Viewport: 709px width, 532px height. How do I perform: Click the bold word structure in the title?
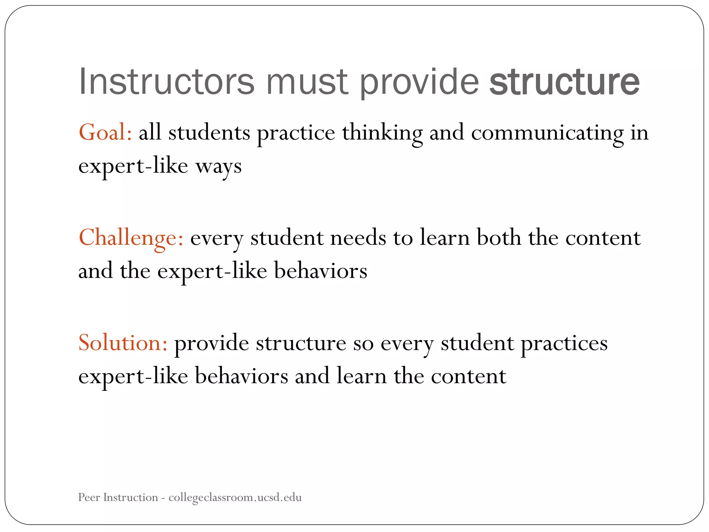click(x=564, y=82)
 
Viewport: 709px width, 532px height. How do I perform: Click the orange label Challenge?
click(x=131, y=238)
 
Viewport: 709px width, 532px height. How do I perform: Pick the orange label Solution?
click(x=123, y=343)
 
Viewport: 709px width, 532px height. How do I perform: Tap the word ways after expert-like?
click(x=218, y=167)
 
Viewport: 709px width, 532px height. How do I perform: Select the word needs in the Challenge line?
click(x=358, y=238)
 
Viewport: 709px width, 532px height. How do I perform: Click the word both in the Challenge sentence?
click(x=499, y=238)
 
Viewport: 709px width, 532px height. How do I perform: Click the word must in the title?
click(x=306, y=82)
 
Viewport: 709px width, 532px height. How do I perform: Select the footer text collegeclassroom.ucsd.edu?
click(x=235, y=497)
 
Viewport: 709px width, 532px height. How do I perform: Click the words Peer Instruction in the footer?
click(x=118, y=497)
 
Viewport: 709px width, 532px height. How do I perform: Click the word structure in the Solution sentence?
click(x=301, y=343)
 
